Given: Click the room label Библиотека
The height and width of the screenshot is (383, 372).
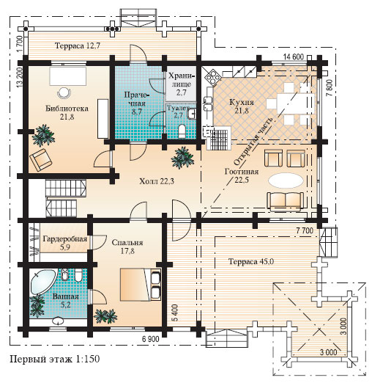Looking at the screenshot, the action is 67,109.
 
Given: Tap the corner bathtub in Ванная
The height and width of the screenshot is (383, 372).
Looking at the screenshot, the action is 42,281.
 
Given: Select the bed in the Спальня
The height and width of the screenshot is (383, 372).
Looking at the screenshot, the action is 141,285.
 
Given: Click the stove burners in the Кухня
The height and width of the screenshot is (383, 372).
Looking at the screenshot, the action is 212,77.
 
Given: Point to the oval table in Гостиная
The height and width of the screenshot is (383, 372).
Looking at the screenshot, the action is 286,180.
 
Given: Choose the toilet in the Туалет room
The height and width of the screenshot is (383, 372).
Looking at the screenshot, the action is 182,131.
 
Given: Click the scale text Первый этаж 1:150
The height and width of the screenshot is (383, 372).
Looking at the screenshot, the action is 55,359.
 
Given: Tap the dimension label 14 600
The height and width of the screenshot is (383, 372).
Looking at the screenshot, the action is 294,56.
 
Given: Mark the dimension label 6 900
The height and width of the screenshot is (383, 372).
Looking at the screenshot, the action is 151,339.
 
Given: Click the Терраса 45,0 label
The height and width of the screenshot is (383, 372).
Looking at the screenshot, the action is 251,261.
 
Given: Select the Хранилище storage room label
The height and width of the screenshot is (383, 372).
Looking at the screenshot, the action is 181,84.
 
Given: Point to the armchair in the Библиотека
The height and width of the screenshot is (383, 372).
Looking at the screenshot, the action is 41,159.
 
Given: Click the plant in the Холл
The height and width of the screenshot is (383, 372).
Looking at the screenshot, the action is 182,158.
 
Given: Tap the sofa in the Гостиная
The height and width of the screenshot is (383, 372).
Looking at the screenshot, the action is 286,202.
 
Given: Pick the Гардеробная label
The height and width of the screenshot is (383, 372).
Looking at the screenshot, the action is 65,238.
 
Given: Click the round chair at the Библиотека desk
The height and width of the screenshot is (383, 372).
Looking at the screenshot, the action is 64,92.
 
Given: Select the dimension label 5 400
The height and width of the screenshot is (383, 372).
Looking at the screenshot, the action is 175,313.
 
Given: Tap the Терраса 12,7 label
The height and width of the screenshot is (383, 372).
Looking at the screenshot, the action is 78,45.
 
